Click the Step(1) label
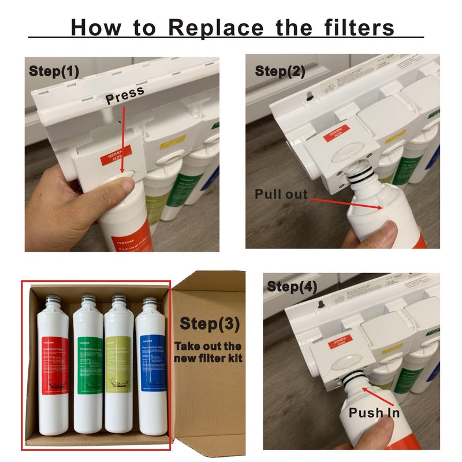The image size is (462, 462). tap(55, 72)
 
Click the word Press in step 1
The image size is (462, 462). tap(124, 98)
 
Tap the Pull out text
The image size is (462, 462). tap(281, 194)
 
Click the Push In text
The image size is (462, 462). tap(374, 413)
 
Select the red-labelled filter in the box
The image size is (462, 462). tap(54, 364)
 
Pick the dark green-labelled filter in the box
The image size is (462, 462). tap(88, 364)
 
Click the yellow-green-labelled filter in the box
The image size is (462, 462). tap(119, 364)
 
